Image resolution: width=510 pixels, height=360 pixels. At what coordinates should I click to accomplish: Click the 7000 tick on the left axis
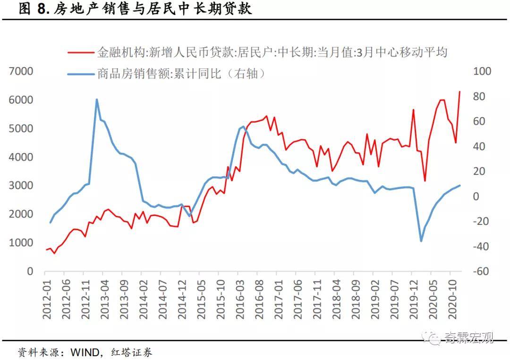coord(21,71)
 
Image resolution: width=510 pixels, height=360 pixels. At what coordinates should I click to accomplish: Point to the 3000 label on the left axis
coord(21,186)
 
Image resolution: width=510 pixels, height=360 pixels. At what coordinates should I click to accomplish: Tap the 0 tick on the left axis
coord(30,271)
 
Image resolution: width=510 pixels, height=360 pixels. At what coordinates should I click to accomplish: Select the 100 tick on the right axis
coord(482,71)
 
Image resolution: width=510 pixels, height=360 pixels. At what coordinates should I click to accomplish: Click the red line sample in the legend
coord(80,52)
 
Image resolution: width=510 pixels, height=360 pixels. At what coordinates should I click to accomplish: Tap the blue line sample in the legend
coord(80,74)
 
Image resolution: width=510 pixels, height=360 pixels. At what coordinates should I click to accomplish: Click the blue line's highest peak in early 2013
coord(97,100)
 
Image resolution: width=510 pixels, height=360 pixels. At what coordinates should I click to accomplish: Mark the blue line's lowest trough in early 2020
coord(421,241)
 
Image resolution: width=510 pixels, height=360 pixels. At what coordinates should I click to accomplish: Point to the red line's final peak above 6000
coord(459,92)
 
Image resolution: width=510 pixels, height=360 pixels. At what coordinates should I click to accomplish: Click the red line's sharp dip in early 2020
coord(425,180)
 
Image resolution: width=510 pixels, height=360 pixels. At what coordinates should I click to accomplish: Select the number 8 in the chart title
coord(41,9)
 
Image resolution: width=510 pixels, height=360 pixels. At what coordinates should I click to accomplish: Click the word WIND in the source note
coord(85,352)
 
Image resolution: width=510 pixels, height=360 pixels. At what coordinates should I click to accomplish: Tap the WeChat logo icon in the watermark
coord(431,337)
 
